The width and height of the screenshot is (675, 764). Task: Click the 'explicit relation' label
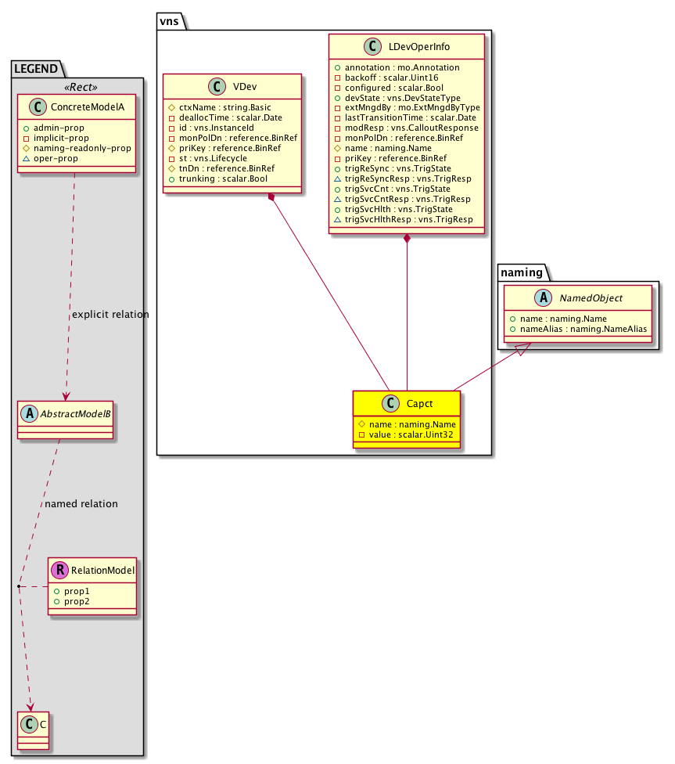(110, 315)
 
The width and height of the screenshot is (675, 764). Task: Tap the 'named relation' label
(81, 504)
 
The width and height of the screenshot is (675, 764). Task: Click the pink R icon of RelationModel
(60, 571)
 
